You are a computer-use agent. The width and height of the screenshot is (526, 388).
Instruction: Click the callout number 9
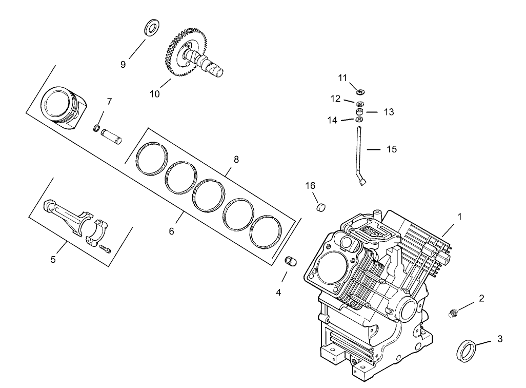click(x=123, y=64)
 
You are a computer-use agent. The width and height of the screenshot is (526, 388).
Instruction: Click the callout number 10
click(x=155, y=94)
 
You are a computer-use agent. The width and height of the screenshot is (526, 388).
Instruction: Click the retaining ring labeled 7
click(x=96, y=127)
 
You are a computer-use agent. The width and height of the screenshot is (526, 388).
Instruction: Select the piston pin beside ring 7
click(x=112, y=137)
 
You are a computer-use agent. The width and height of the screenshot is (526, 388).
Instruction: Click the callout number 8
click(x=236, y=159)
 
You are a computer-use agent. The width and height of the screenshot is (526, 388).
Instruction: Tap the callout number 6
click(x=171, y=231)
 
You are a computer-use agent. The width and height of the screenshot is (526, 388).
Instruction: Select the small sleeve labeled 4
click(x=291, y=261)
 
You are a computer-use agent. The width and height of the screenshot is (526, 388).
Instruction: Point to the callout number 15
click(x=392, y=149)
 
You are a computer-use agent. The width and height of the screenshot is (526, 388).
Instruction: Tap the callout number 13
click(x=389, y=112)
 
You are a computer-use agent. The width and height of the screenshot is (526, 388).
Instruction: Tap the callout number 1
click(x=460, y=217)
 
